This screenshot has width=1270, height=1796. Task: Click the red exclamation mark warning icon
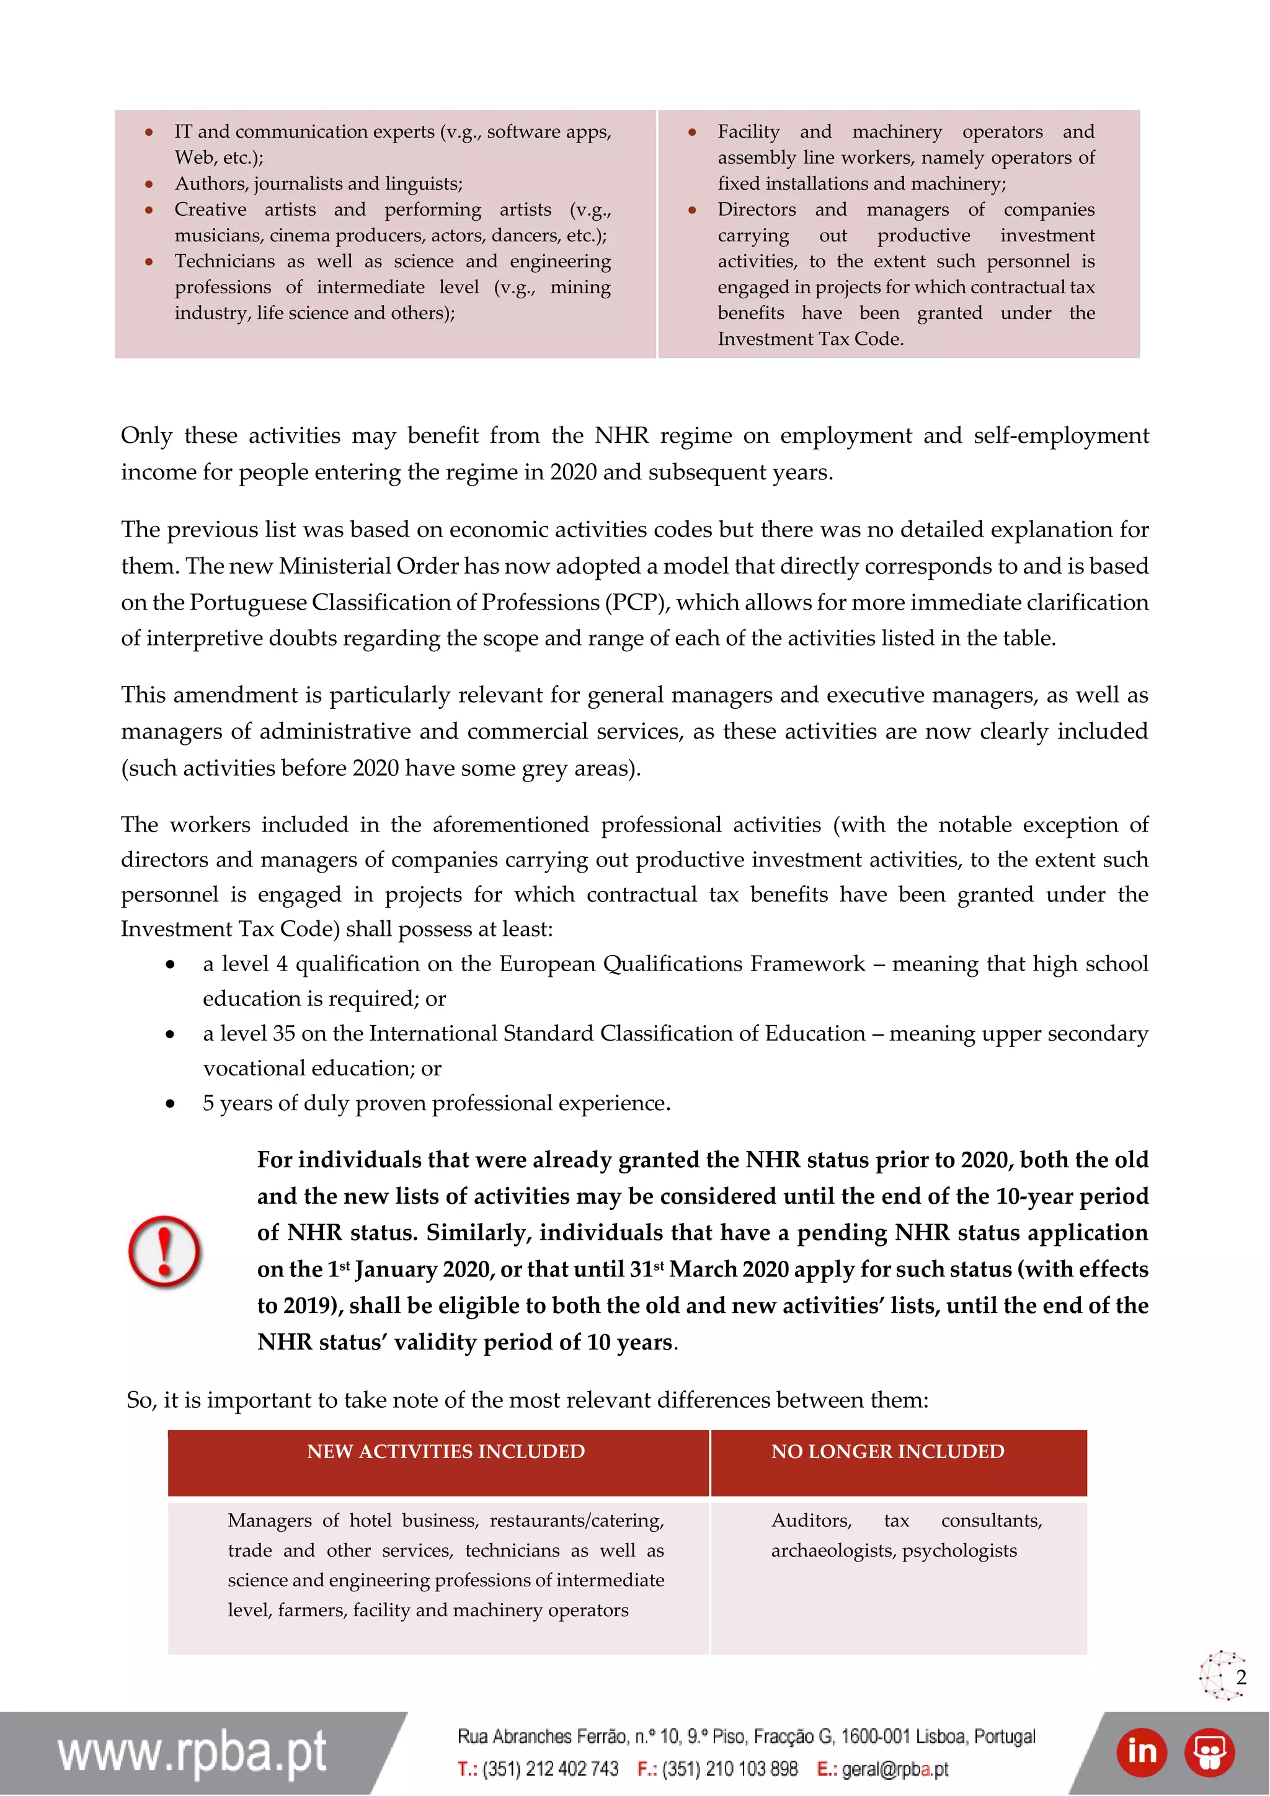coord(164,1251)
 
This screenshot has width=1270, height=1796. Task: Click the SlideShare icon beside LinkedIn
coord(1209,1751)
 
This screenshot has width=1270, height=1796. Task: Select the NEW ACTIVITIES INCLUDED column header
coord(445,1451)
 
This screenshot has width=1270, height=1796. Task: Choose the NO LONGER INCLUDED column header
coord(887,1451)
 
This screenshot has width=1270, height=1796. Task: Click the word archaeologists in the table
coord(833,1550)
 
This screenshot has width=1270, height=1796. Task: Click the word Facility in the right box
coord(748,131)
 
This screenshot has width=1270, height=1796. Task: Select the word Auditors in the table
coord(811,1520)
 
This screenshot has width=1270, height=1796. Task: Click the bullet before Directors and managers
coord(692,210)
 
